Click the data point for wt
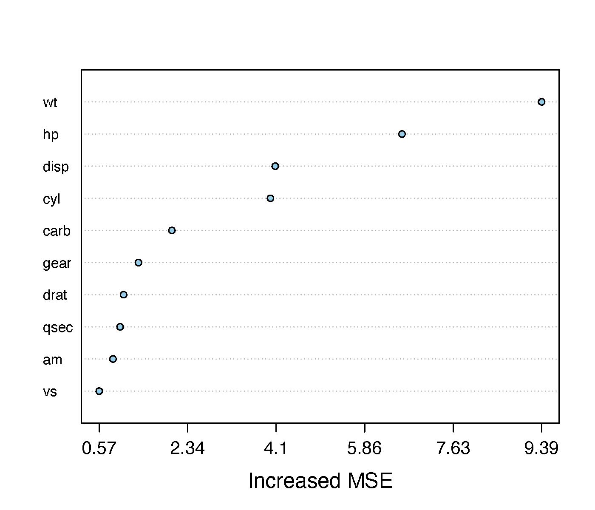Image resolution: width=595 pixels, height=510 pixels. click(541, 102)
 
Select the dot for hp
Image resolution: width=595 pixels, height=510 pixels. click(402, 134)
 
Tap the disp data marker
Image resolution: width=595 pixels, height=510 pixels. click(275, 166)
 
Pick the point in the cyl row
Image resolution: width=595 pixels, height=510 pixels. click(270, 198)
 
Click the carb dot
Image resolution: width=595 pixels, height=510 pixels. click(172, 230)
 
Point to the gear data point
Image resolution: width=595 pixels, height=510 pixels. click(138, 263)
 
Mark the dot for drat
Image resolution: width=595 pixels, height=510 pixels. click(124, 295)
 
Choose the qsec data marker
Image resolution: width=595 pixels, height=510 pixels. click(120, 327)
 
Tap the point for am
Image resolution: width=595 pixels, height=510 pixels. click(113, 359)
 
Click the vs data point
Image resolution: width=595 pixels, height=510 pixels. click(99, 391)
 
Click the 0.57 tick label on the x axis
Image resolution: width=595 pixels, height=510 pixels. click(99, 448)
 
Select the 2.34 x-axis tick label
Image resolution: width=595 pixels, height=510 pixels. click(187, 448)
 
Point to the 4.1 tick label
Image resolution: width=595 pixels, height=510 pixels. click(276, 448)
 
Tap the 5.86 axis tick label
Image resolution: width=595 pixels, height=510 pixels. click(364, 448)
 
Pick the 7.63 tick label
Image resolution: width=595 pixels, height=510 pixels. click(453, 448)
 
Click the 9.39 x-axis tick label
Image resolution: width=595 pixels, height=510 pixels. click(541, 448)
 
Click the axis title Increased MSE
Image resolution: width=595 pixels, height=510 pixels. click(320, 481)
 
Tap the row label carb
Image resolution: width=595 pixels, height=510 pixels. click(57, 231)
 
